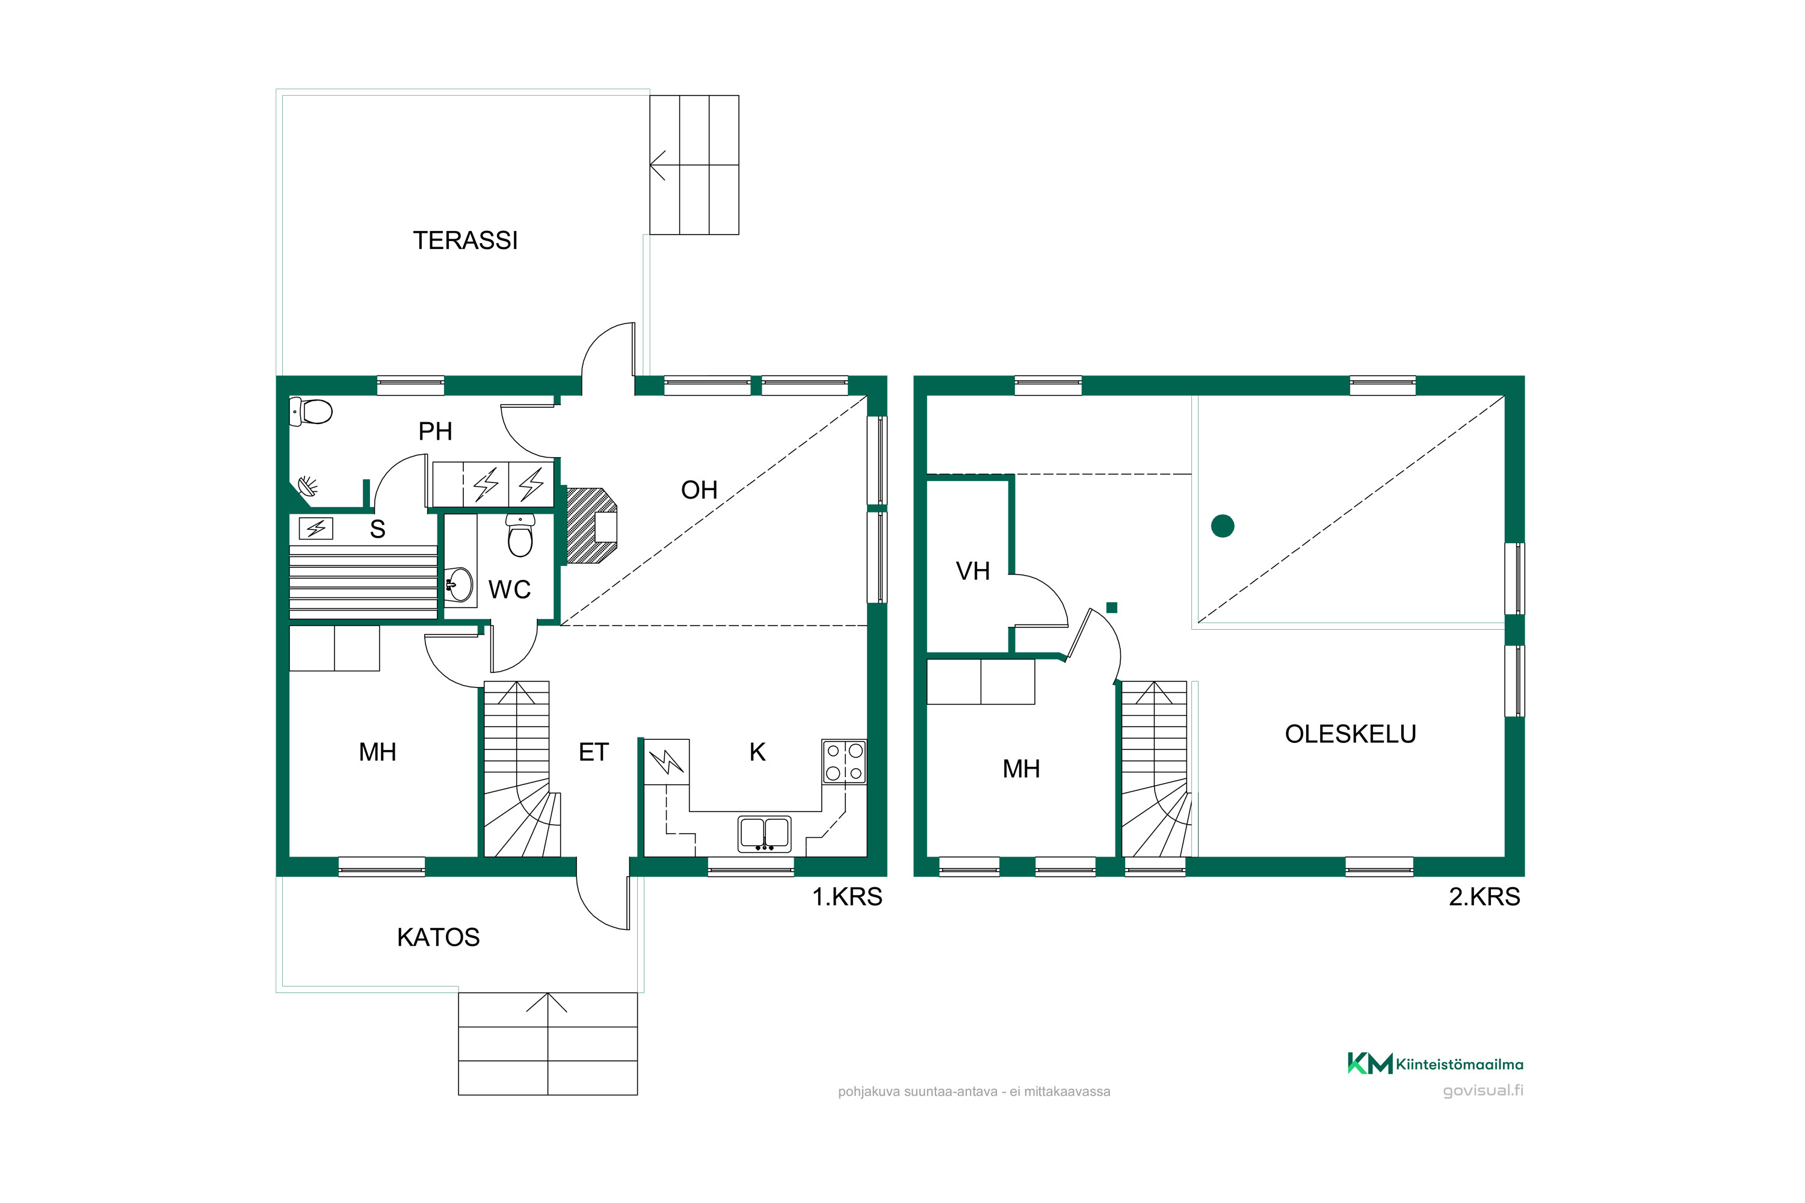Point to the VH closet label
(x=972, y=571)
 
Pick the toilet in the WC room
(x=520, y=535)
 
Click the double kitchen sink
(x=764, y=834)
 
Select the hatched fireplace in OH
(x=590, y=526)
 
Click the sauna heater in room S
(x=315, y=529)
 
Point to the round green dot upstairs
(x=1223, y=526)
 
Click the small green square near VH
(x=1111, y=608)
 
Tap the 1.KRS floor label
(x=847, y=896)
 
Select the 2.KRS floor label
(x=1484, y=896)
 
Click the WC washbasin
(x=460, y=585)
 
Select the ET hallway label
(x=593, y=752)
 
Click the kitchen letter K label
(x=757, y=752)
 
